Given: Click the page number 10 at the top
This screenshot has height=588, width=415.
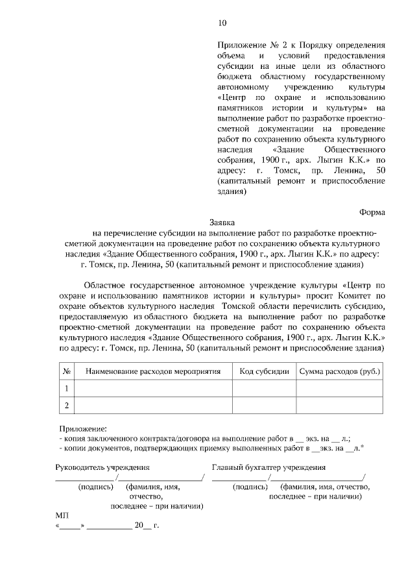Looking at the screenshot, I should pyautogui.click(x=222, y=23).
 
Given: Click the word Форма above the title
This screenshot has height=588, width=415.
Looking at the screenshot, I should pyautogui.click(x=372, y=211).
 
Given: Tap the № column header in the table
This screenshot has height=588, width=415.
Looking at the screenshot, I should pyautogui.click(x=67, y=371).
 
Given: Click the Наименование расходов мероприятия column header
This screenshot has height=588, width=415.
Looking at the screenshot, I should pyautogui.click(x=154, y=371).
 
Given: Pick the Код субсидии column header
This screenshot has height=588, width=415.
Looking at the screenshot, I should pyautogui.click(x=264, y=371).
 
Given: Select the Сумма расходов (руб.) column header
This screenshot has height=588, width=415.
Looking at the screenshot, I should pyautogui.click(x=339, y=371).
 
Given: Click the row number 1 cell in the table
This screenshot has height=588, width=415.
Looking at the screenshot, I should pyautogui.click(x=66, y=388).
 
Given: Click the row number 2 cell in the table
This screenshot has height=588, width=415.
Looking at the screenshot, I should pyautogui.click(x=66, y=406).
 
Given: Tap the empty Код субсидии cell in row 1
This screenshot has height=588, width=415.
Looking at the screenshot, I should pyautogui.click(x=264, y=388).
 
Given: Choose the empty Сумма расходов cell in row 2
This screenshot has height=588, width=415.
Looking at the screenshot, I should pyautogui.click(x=339, y=406).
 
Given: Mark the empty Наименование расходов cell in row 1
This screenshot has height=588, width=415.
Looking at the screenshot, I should pyautogui.click(x=154, y=388).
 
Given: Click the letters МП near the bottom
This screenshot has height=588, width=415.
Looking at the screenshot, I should pyautogui.click(x=62, y=514).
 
